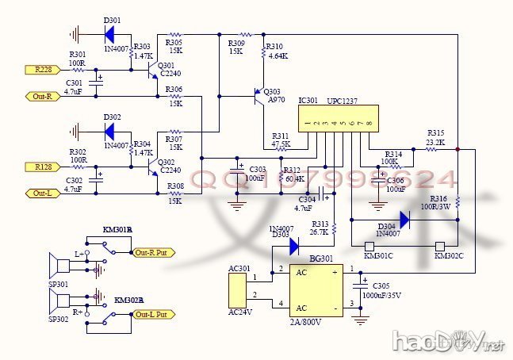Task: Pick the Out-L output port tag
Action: pos(41,193)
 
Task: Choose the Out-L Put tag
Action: pos(153,314)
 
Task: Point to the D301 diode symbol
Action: pos(109,34)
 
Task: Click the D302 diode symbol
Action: pos(109,130)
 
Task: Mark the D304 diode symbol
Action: pos(404,219)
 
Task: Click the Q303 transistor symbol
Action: pos(257,97)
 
